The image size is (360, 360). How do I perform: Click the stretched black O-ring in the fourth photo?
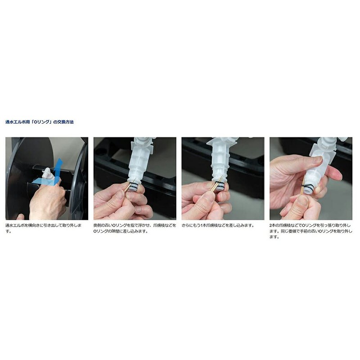click(x=308, y=187)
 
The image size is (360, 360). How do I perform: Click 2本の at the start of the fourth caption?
click(x=274, y=225)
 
